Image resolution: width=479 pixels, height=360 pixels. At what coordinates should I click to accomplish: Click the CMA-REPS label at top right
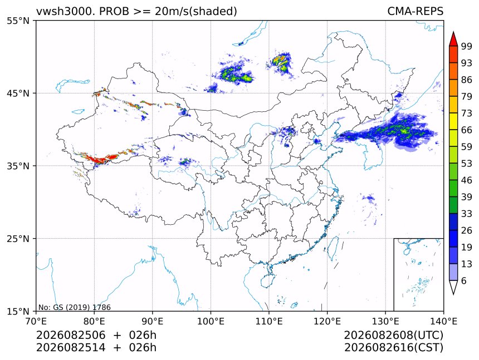coord(415,11)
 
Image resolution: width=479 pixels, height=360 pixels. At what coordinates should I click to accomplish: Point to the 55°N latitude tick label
coord(18,21)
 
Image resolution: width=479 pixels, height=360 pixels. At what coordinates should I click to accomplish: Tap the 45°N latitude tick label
coord(18,93)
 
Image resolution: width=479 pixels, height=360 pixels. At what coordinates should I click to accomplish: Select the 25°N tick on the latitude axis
coord(18,238)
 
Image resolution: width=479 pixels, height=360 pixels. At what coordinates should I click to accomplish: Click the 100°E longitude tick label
coord(211,321)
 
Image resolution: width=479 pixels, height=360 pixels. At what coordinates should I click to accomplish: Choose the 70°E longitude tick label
coord(36,321)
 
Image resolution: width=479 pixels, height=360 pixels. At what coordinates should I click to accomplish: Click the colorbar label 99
coord(467,47)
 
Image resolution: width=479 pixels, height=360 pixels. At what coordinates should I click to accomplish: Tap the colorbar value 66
coord(467,130)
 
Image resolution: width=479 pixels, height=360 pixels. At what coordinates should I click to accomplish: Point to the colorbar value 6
coord(464,280)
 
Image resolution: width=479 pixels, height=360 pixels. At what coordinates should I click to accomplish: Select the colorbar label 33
coord(467,214)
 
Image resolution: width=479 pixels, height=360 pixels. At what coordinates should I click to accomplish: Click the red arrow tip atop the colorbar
coord(453,32)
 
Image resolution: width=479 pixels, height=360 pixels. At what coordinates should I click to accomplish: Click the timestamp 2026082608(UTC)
coord(393,335)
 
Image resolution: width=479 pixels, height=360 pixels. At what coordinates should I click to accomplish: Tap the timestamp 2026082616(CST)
coord(393,348)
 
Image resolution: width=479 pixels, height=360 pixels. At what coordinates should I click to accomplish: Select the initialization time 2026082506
coord(71,335)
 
